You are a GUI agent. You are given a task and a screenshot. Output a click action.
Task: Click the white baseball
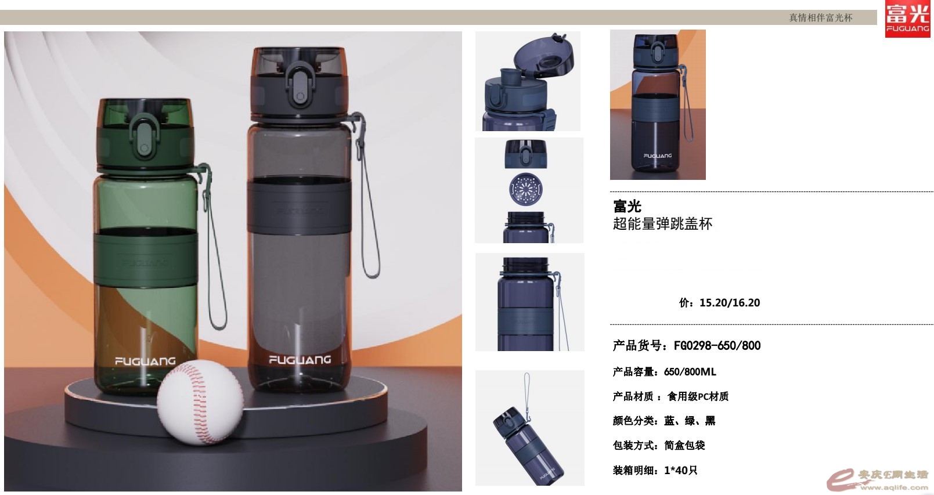click(200, 402)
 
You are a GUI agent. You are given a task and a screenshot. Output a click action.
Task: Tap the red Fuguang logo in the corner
click(908, 19)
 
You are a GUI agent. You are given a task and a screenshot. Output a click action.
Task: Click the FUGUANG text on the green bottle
click(145, 361)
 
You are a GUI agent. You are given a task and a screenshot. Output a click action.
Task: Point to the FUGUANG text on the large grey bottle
click(300, 359)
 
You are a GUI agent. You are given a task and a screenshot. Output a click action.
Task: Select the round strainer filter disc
click(526, 189)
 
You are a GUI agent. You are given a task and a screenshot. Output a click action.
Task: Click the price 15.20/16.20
click(730, 302)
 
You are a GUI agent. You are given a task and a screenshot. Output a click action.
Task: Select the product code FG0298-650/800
click(717, 345)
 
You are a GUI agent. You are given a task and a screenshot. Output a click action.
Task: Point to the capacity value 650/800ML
click(690, 371)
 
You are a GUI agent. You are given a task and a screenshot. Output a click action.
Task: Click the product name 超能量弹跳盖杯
click(662, 224)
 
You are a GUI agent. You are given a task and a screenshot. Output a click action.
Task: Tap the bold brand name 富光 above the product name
click(627, 206)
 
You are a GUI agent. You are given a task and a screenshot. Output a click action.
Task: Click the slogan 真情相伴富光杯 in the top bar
click(821, 17)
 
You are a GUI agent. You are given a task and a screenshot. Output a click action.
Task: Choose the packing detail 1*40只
click(680, 471)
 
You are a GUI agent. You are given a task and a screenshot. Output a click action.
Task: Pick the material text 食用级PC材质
click(698, 396)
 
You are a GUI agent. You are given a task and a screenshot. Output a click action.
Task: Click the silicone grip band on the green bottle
click(146, 258)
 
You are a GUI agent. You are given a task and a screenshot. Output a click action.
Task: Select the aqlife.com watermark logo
click(878, 480)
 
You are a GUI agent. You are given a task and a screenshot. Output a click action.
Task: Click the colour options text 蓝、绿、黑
click(690, 421)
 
